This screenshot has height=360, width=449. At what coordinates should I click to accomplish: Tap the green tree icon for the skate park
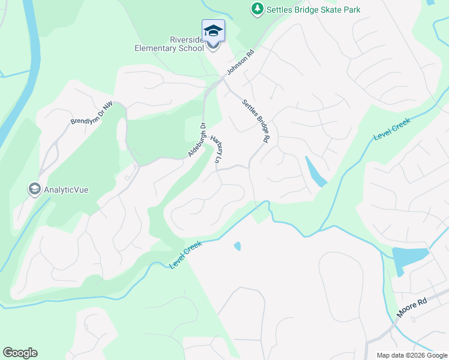click(257, 8)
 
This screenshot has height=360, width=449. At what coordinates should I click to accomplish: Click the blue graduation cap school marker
click(214, 30)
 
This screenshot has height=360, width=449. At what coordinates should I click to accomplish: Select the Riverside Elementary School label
click(170, 44)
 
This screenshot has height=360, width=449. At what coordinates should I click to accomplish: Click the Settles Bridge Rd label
click(255, 121)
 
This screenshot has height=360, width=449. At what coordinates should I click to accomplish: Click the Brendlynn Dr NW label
click(92, 112)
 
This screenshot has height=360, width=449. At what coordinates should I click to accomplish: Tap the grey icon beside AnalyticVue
click(34, 189)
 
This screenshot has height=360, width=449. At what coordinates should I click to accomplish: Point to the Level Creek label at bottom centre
click(186, 254)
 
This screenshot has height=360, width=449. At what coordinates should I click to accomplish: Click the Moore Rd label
click(411, 308)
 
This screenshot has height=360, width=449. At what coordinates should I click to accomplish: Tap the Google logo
click(20, 353)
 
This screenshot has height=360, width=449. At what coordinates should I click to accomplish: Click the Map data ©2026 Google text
click(412, 355)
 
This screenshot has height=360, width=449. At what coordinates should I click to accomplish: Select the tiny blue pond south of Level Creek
click(237, 246)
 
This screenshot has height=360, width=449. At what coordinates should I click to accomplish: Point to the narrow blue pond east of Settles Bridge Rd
click(316, 172)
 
